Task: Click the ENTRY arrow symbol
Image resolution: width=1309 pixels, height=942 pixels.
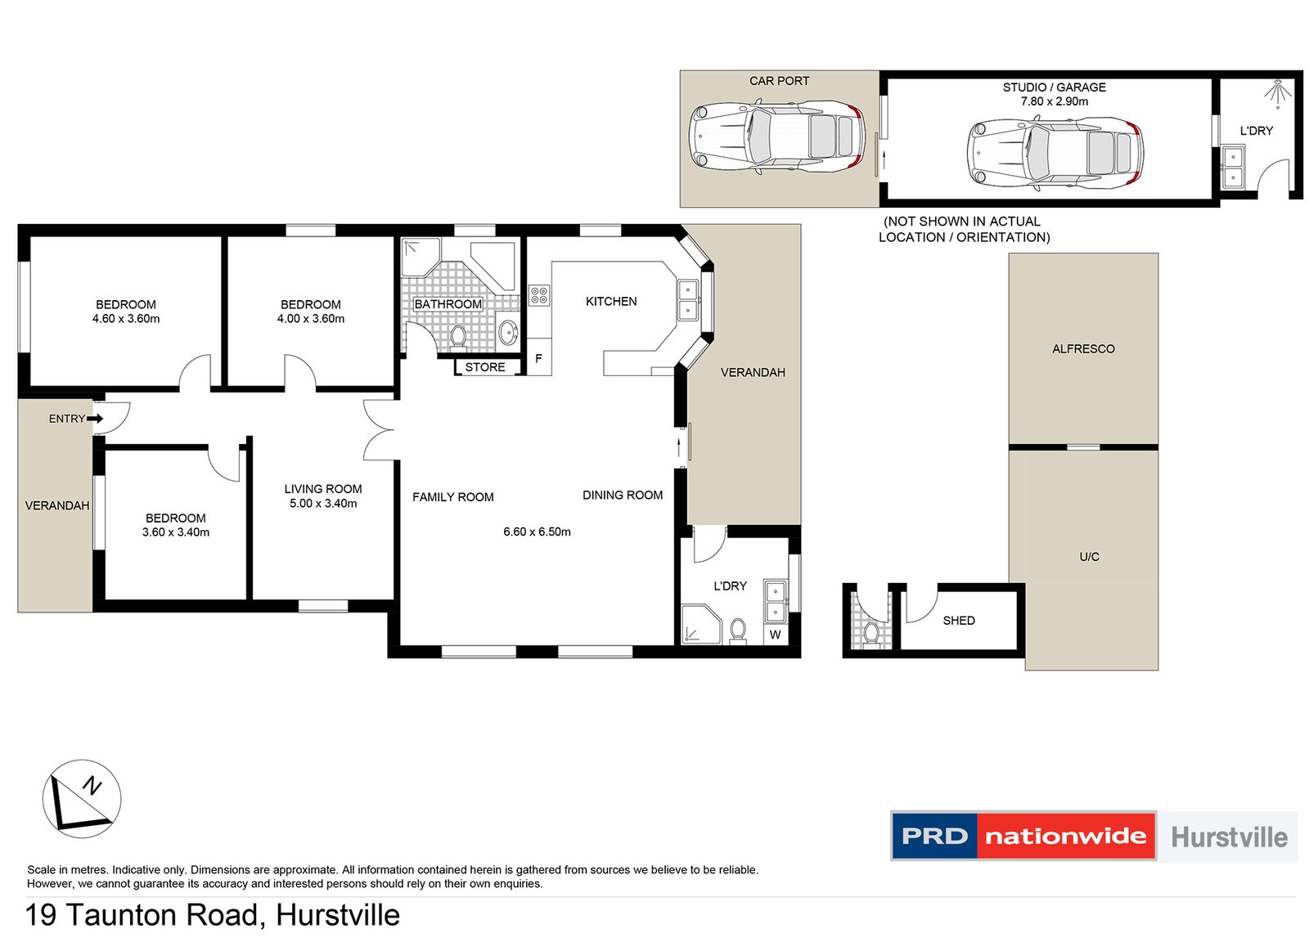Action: coord(95,419)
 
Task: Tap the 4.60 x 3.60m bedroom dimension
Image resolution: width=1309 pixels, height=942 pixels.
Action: coord(125,319)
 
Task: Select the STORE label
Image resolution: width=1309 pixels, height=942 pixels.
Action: coord(485,367)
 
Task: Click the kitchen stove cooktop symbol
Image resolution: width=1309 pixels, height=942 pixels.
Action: coord(539,295)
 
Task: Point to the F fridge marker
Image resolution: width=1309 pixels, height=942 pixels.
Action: coord(538,358)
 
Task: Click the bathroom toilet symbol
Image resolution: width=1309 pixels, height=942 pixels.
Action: coord(458,335)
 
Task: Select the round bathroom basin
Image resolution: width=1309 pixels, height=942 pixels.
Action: coord(508,332)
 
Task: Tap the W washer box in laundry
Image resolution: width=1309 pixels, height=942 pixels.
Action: coord(775,635)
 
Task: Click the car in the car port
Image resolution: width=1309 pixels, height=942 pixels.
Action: coord(776,137)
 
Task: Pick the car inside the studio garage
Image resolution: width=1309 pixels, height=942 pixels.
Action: coord(1055,154)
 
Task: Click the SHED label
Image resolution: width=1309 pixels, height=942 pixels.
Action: coord(959,621)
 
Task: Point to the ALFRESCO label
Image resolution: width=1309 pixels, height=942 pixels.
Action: coord(1083,349)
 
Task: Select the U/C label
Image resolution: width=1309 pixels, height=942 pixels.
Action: coord(1089,557)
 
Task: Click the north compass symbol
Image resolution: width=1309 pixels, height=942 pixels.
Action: coord(82,798)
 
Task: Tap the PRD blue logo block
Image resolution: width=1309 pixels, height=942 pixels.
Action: coord(933,836)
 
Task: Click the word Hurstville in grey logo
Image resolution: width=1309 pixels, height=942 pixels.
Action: coord(1229,837)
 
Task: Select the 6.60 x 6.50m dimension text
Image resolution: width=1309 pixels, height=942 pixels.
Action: coord(537,532)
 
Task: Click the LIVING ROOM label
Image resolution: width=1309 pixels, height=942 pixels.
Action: coord(322,489)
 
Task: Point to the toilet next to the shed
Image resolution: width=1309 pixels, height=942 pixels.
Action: coord(870,631)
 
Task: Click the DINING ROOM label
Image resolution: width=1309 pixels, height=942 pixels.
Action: coord(622,496)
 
